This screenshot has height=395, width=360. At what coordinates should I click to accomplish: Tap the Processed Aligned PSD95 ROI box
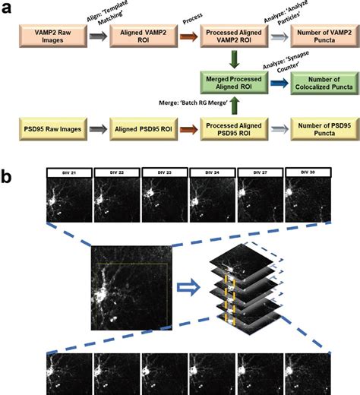click(x=232, y=125)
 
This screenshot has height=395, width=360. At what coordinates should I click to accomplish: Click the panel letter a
click(x=8, y=7)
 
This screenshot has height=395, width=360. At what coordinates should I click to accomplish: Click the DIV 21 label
click(x=69, y=173)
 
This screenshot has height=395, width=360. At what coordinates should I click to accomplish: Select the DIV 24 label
click(x=212, y=173)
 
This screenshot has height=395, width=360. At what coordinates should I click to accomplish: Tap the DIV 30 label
click(x=307, y=173)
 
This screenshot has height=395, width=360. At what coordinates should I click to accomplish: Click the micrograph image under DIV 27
click(x=259, y=201)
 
